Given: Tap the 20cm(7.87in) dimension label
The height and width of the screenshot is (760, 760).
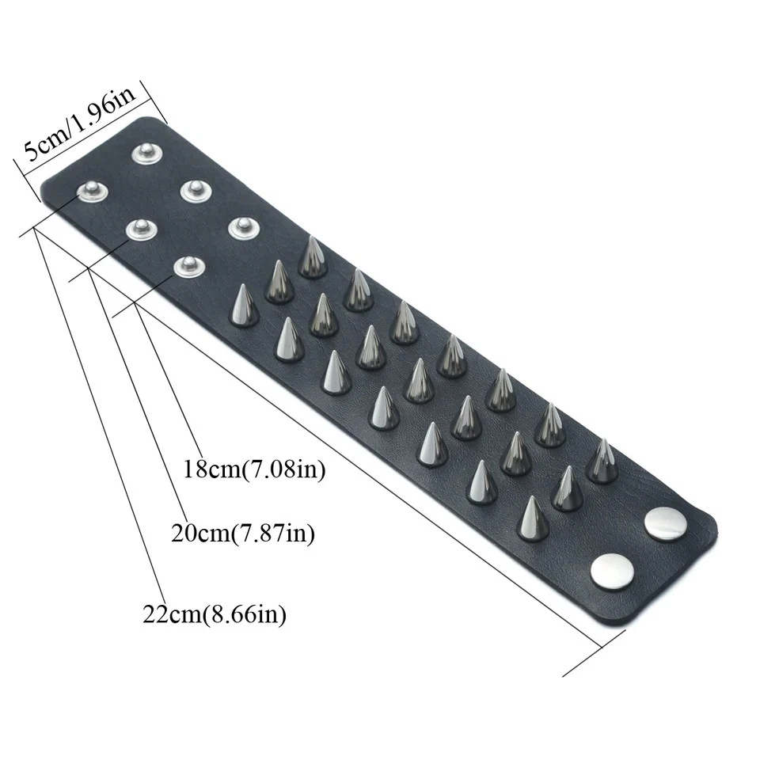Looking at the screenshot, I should [243, 533].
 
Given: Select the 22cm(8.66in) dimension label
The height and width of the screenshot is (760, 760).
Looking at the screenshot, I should [215, 614].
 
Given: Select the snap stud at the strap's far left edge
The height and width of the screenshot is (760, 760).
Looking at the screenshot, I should [92, 191].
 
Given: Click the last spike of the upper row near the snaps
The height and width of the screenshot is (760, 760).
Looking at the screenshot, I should [602, 462].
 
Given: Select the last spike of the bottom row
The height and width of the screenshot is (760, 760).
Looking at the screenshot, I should [532, 519].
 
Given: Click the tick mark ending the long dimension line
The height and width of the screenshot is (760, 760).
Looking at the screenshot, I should [594, 652].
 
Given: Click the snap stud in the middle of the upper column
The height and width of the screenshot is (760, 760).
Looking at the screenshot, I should [194, 190].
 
